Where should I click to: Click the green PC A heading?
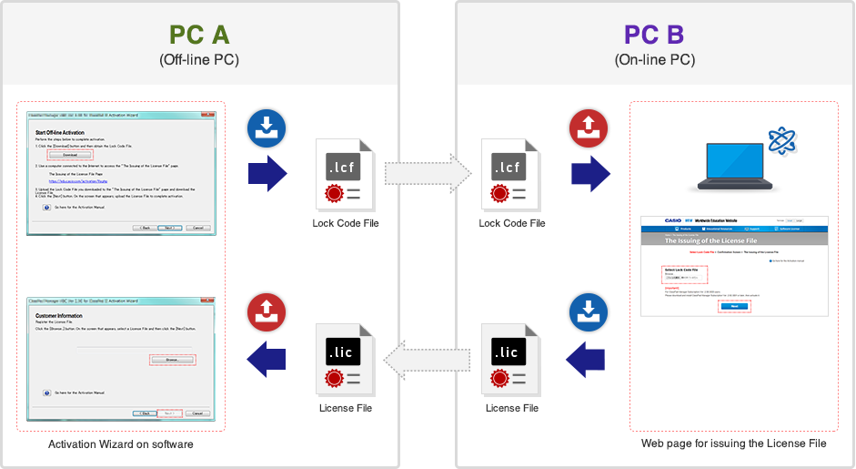(199, 35)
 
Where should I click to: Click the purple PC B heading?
(654, 35)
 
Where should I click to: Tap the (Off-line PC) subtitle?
(199, 60)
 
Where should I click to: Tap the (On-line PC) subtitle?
(654, 60)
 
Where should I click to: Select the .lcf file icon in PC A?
(345, 173)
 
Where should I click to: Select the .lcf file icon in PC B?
(511, 173)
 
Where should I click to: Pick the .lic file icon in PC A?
(345, 358)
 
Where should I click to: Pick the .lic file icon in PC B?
(511, 358)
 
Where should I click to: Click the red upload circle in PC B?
(587, 130)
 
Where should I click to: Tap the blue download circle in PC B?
(587, 314)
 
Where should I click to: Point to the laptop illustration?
(734, 165)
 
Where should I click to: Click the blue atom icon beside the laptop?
(781, 140)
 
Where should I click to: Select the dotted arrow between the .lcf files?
(427, 172)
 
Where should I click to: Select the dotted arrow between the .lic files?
(427, 358)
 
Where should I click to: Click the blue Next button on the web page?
(733, 306)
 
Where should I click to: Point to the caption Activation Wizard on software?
(121, 444)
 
